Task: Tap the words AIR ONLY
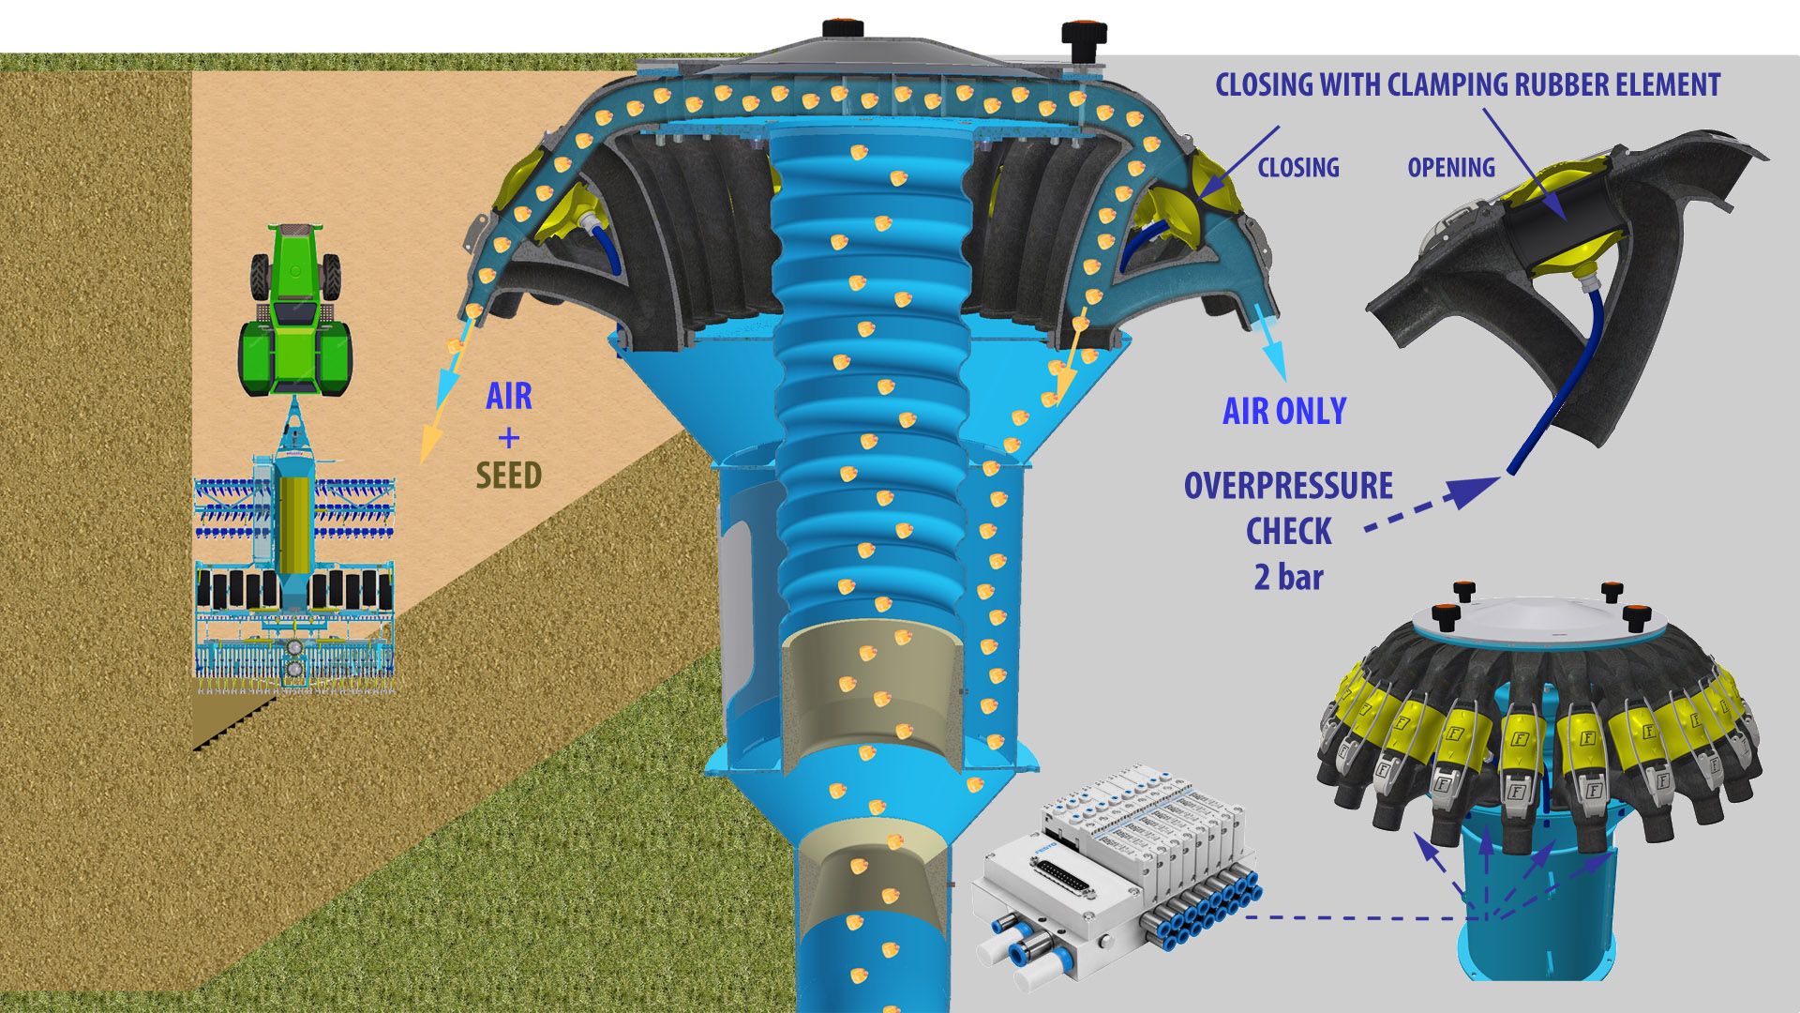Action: pos(1284,411)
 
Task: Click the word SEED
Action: pos(508,476)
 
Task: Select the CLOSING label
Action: pos(1297,168)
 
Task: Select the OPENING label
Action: pos(1450,168)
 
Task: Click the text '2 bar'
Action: pos(1288,577)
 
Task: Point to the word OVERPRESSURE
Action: pos(1288,486)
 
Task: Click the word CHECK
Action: pos(1288,532)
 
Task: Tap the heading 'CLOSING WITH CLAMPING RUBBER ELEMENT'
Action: pos(1467,85)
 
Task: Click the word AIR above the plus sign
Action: pos(508,396)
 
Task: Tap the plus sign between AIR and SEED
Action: pos(508,437)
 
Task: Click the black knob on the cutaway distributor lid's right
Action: pos(1084,36)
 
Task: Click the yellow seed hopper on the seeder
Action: pos(294,525)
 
